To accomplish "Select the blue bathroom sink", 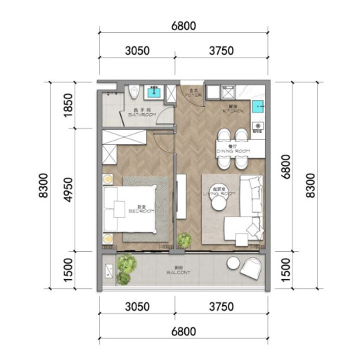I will [154, 91].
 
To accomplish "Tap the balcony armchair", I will [251, 268].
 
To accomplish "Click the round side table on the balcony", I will [233, 263].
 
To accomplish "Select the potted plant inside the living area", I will [184, 240].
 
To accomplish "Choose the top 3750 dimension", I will [221, 51].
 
